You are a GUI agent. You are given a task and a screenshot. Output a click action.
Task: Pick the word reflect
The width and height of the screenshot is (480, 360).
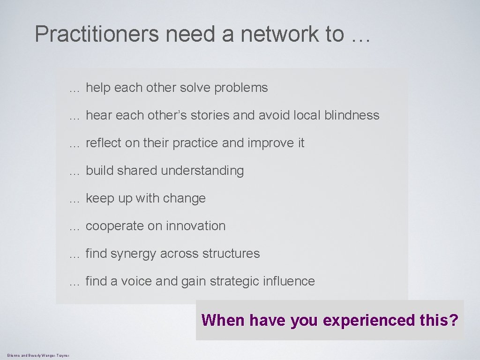pyautogui.click(x=104, y=143)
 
